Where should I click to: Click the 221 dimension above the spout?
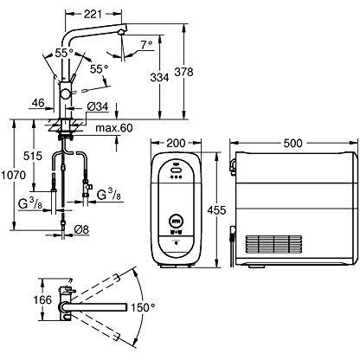[x=93, y=14]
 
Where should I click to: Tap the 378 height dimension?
[x=183, y=72]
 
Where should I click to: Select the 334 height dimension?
[x=159, y=77]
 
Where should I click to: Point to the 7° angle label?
[x=146, y=45]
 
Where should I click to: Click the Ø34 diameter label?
[x=98, y=106]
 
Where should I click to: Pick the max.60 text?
[x=114, y=127]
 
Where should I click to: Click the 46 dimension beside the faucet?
[x=38, y=103]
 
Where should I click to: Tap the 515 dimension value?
[x=33, y=156]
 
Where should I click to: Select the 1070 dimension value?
[x=13, y=175]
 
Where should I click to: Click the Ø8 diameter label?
[x=81, y=230]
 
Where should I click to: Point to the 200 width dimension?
[x=177, y=143]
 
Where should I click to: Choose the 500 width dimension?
[x=292, y=143]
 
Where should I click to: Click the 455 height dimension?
[x=217, y=210]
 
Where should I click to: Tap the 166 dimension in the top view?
[x=42, y=299]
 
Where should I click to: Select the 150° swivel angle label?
[x=144, y=307]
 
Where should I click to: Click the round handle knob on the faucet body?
[x=65, y=94]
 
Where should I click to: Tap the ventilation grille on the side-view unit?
[x=274, y=245]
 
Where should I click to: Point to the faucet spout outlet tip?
[x=122, y=33]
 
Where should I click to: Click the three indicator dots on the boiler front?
[x=176, y=177]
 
